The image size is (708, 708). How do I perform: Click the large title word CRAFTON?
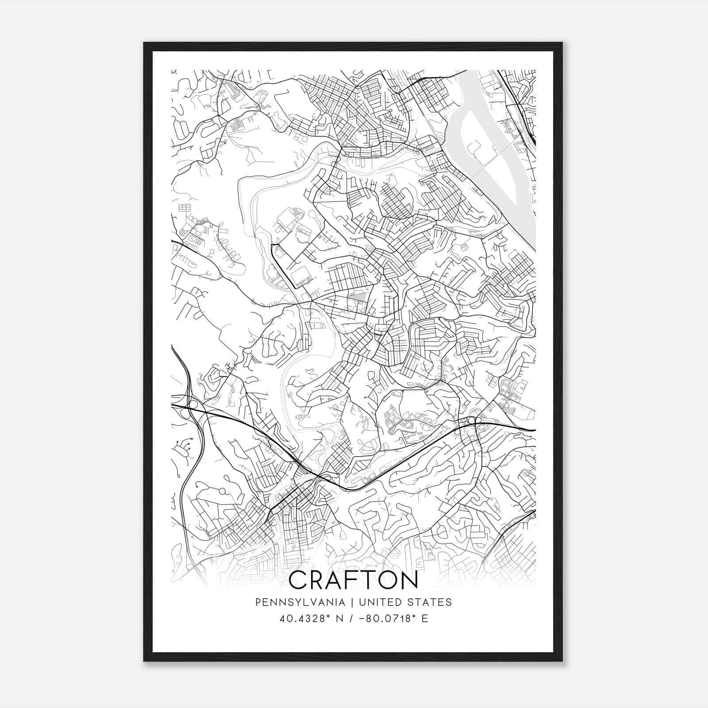tap(353, 580)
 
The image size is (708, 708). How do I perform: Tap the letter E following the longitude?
tap(425, 618)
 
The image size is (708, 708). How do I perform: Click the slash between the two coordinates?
tap(352, 618)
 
